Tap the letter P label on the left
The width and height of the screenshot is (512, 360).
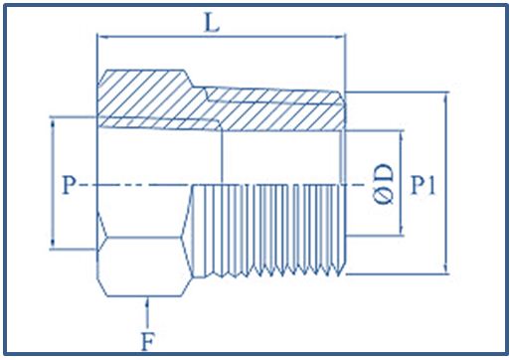click(x=67, y=185)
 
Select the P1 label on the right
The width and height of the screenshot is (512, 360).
click(x=425, y=185)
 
